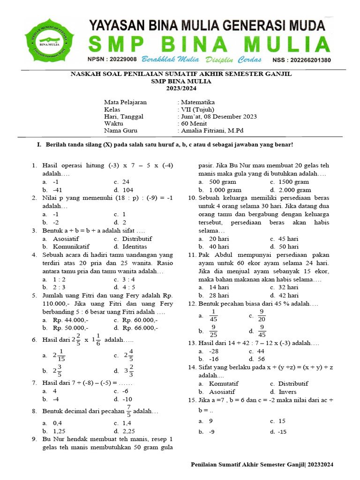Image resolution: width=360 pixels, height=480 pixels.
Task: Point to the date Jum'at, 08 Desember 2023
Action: tap(218, 117)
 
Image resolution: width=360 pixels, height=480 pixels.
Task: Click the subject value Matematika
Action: tap(197, 102)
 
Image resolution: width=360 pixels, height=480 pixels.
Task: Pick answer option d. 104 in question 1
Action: tap(124, 190)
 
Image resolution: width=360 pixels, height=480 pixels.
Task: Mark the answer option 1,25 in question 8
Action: tap(60, 431)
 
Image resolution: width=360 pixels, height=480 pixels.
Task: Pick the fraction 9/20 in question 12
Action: tap(262, 316)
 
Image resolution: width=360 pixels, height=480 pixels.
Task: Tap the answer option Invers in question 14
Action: tap(287, 391)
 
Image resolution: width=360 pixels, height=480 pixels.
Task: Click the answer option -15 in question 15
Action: tap(282, 431)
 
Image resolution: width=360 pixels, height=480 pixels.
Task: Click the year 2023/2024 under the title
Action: tap(180, 88)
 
